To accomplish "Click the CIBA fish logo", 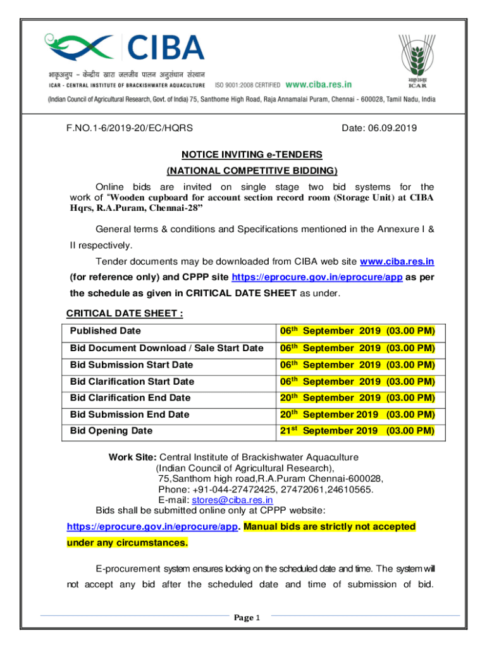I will [82, 47].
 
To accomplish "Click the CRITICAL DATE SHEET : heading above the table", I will [125, 315].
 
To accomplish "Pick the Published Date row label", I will [106, 331].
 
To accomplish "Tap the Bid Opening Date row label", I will [111, 431].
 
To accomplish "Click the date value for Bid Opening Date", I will [357, 431].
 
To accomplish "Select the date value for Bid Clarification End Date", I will [357, 398].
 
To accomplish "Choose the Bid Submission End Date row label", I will [130, 414].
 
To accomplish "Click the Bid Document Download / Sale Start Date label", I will [167, 348].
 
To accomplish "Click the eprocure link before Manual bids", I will [152, 526].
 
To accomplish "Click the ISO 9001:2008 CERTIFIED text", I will [248, 84].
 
